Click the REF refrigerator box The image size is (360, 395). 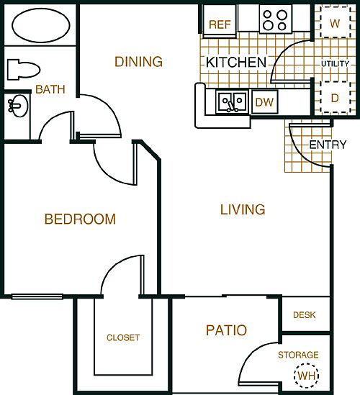point(219,24)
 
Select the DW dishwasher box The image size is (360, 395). point(265,102)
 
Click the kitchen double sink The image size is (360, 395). point(233,101)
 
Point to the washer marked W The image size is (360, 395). point(335,22)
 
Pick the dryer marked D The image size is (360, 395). point(335,97)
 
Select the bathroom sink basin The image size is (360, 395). point(16,108)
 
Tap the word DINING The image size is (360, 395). point(139,62)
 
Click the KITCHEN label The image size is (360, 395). point(236,63)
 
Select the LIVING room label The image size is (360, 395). point(243,210)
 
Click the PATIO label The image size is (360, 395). point(226,331)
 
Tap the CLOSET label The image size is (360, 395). point(123,337)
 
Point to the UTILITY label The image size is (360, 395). point(336,64)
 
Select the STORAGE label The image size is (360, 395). point(298,355)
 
